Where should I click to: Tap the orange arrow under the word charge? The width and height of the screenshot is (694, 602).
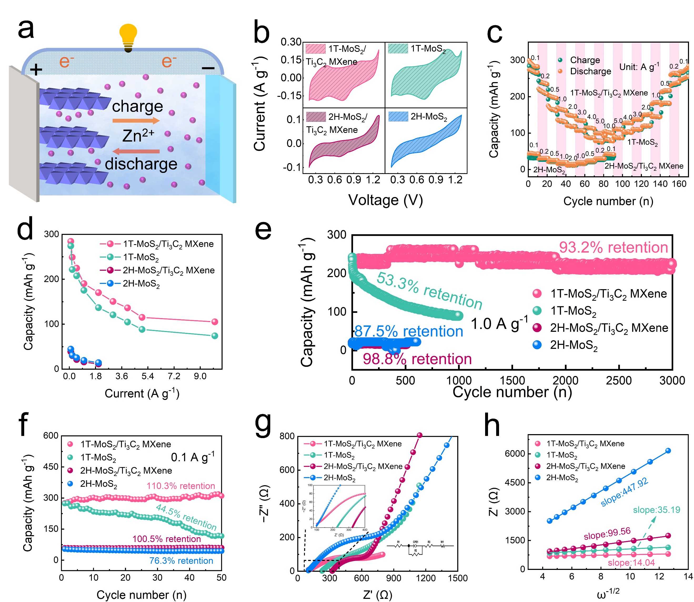coord(136,121)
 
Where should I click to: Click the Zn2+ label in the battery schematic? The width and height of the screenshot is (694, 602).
coord(138,136)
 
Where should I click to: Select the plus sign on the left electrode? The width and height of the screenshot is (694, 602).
coord(36,69)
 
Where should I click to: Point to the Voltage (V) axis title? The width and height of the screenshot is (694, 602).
coord(385,200)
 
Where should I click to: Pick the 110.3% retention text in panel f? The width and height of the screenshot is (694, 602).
coord(181,486)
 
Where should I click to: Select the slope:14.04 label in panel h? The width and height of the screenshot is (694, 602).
coord(631,563)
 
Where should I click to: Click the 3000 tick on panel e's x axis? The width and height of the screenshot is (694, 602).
coord(672,381)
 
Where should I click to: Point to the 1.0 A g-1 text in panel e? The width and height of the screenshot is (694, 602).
coord(499,324)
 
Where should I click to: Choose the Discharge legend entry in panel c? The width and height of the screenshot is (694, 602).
coord(590,71)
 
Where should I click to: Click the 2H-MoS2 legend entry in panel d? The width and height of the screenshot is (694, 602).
coord(141,284)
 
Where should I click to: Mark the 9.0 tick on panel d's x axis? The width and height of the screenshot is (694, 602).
coord(200,377)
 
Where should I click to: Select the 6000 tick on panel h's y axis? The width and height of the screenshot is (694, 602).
coord(515,454)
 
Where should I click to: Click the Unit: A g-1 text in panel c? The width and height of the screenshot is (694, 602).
coord(639,67)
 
